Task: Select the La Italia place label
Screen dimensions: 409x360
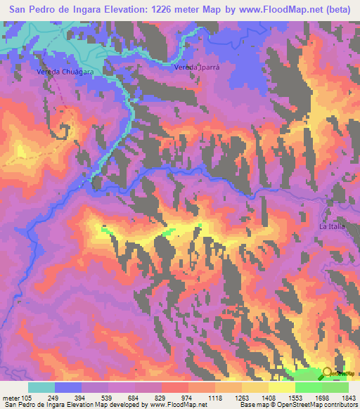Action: pos(332,226)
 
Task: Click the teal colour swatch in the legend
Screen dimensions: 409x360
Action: pos(41,387)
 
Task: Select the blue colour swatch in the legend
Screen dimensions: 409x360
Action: pos(68,387)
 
